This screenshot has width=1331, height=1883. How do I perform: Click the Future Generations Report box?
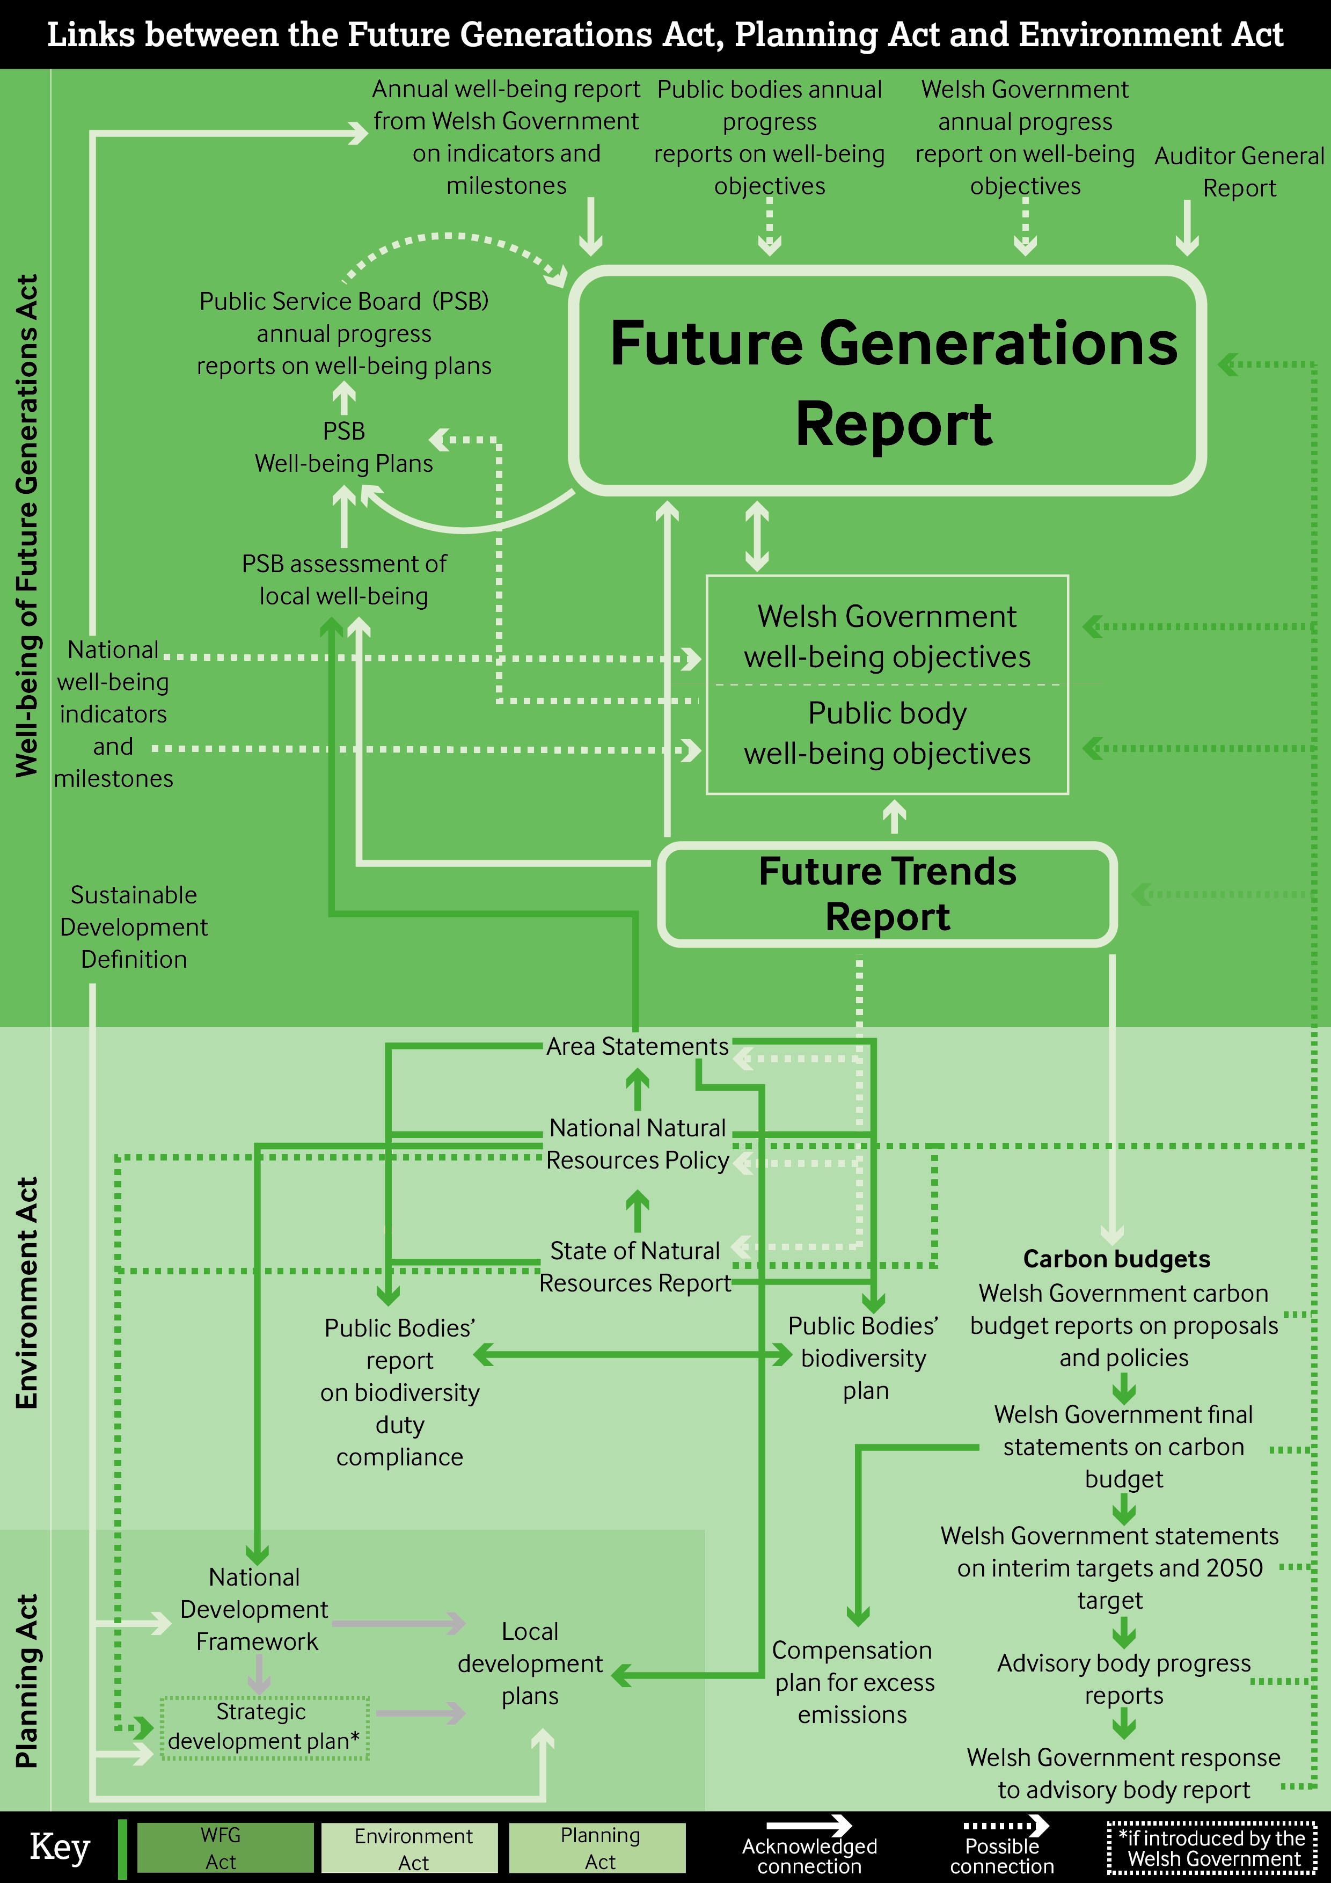[x=887, y=381]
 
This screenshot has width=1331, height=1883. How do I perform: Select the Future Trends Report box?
[x=887, y=894]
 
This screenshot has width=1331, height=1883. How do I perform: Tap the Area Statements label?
[x=637, y=1047]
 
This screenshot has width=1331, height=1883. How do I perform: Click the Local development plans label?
[x=530, y=1663]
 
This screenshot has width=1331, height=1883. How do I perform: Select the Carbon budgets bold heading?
[x=1116, y=1259]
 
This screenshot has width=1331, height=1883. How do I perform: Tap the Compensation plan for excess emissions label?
[x=853, y=1682]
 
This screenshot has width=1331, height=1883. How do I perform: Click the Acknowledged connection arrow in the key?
[x=809, y=1826]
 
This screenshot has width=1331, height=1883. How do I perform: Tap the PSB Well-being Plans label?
[x=343, y=447]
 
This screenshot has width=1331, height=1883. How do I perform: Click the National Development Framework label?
[x=255, y=1609]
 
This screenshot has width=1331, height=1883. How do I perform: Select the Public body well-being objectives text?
[x=887, y=733]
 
